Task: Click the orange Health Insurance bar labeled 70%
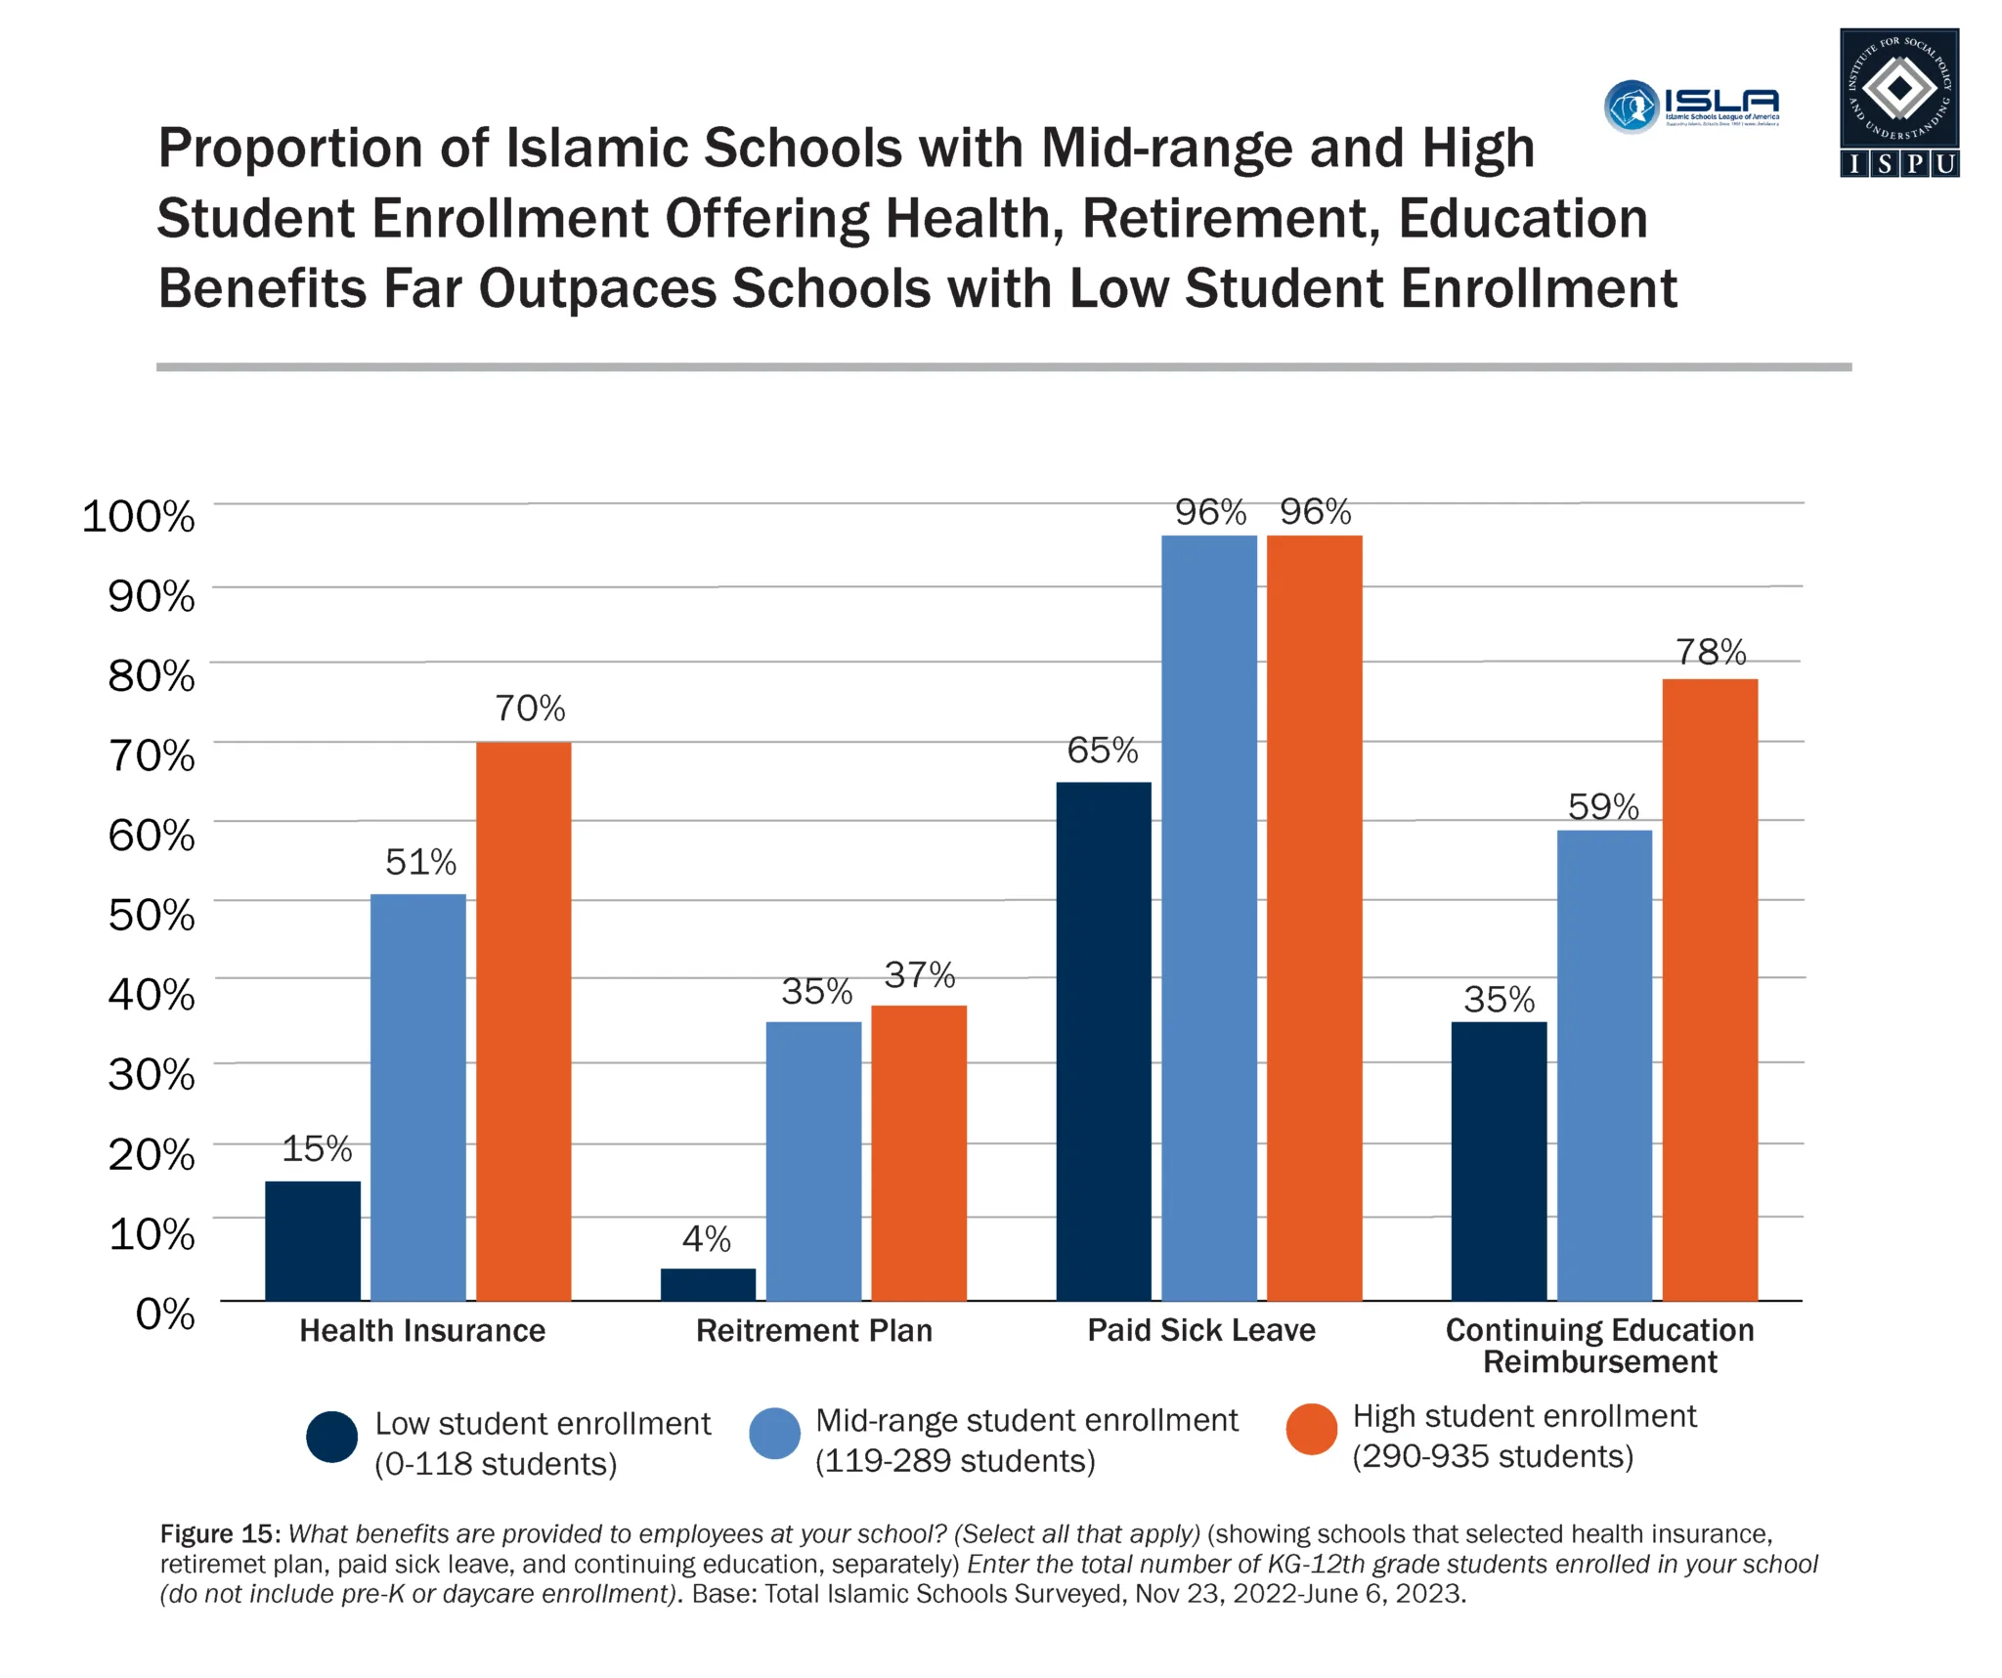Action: (x=523, y=1021)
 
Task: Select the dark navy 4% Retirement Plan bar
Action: (x=708, y=1284)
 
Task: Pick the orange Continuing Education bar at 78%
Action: (x=1710, y=989)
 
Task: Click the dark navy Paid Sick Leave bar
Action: (x=1104, y=1041)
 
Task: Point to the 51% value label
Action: (x=420, y=862)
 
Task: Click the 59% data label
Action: (x=1603, y=807)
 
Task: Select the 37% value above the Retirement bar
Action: (x=919, y=974)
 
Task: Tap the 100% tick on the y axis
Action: (x=138, y=516)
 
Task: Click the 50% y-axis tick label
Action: (x=151, y=915)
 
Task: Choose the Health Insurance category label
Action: (x=422, y=1331)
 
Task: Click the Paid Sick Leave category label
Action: (x=1201, y=1330)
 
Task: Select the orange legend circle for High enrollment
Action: (x=1311, y=1430)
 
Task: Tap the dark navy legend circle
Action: (x=331, y=1437)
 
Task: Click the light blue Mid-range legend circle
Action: (x=774, y=1434)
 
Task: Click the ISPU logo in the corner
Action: (x=1898, y=103)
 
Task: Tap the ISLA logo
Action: (x=1691, y=106)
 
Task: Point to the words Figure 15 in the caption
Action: (x=220, y=1533)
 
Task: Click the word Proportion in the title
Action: (x=290, y=149)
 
